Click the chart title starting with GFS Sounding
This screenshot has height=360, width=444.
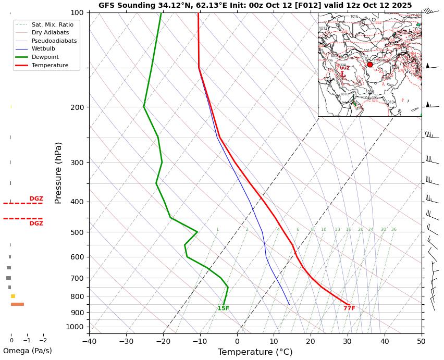(x=255, y=5)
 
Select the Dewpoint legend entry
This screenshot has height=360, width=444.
(x=45, y=57)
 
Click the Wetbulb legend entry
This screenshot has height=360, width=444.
(x=43, y=48)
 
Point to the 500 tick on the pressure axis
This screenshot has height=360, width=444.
(x=77, y=232)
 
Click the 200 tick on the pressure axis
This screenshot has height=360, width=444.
(x=77, y=107)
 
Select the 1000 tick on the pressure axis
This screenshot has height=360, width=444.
(x=76, y=327)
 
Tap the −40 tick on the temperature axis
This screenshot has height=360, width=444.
(x=89, y=342)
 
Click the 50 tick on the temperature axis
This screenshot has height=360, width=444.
(x=421, y=342)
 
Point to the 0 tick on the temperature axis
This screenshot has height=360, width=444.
(x=237, y=342)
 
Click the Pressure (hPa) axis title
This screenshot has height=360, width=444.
(x=58, y=172)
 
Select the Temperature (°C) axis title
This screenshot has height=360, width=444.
(x=255, y=352)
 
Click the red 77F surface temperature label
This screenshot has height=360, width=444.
(x=349, y=308)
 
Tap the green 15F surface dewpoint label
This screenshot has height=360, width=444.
(x=223, y=308)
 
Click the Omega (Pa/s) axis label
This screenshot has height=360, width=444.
(x=27, y=351)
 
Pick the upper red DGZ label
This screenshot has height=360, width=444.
(x=36, y=199)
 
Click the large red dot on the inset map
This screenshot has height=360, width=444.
(x=370, y=65)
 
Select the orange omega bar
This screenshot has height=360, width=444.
(x=17, y=304)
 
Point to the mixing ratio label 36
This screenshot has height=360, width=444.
(x=393, y=230)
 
